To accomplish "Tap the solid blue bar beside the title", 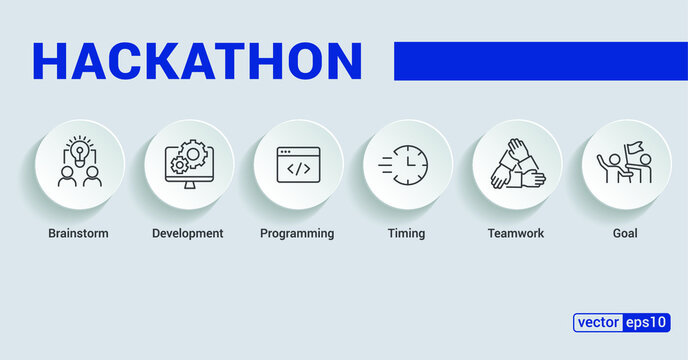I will [540, 60].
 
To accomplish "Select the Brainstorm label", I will [78, 234].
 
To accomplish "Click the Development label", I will [187, 234].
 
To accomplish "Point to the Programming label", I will [297, 234].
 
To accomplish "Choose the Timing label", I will [406, 234].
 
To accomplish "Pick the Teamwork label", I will [515, 234].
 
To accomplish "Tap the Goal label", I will [625, 234].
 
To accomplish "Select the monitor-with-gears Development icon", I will [188, 164].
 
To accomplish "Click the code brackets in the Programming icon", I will [298, 169].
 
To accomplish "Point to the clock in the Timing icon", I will [410, 164].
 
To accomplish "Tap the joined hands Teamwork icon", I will [516, 164].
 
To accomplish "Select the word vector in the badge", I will [597, 323].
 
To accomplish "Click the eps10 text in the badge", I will [647, 323].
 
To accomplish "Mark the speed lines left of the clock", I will [386, 165].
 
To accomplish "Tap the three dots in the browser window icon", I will [287, 152].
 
